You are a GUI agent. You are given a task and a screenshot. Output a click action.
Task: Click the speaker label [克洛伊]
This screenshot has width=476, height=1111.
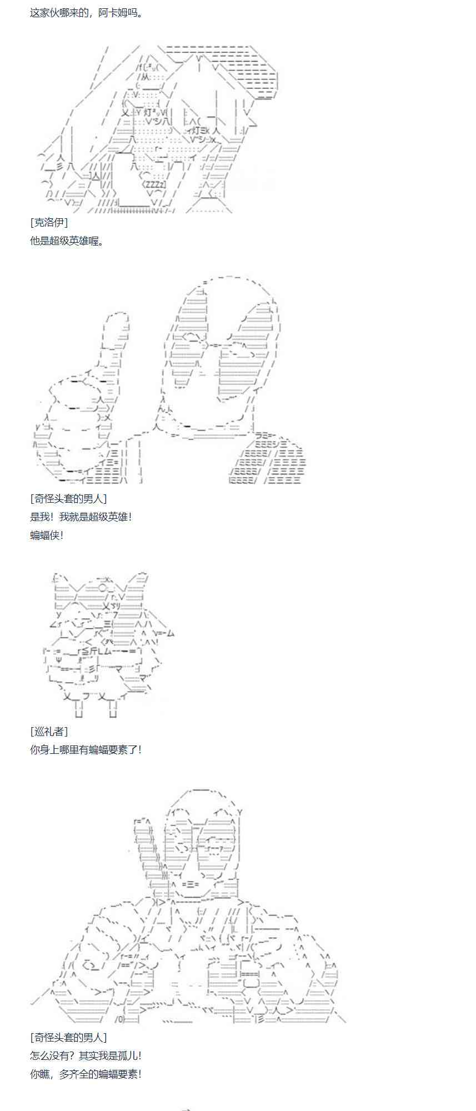pyautogui.click(x=49, y=222)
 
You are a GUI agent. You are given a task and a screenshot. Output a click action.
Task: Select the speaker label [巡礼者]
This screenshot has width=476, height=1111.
pyautogui.click(x=49, y=731)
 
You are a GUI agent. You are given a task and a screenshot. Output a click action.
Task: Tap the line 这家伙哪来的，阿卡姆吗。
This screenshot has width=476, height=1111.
pyautogui.click(x=86, y=12)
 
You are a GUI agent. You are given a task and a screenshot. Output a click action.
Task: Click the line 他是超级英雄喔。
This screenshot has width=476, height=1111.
pyautogui.click(x=67, y=241)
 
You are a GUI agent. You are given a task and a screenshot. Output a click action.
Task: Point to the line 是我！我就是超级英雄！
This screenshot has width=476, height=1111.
pyautogui.click(x=81, y=517)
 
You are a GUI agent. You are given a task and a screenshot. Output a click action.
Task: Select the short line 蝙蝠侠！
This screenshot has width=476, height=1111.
pyautogui.click(x=47, y=535)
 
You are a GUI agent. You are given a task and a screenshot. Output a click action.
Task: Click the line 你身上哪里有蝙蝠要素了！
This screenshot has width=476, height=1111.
pyautogui.click(x=86, y=749)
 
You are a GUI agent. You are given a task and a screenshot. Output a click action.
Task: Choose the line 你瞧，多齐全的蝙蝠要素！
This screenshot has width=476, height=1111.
pyautogui.click(x=86, y=1074)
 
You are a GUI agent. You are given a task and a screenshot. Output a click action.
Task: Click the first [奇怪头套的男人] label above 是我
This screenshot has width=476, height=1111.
pyautogui.click(x=68, y=498)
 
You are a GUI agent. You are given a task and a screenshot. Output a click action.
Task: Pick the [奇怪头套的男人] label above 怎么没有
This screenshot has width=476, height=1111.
pyautogui.click(x=68, y=1037)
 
